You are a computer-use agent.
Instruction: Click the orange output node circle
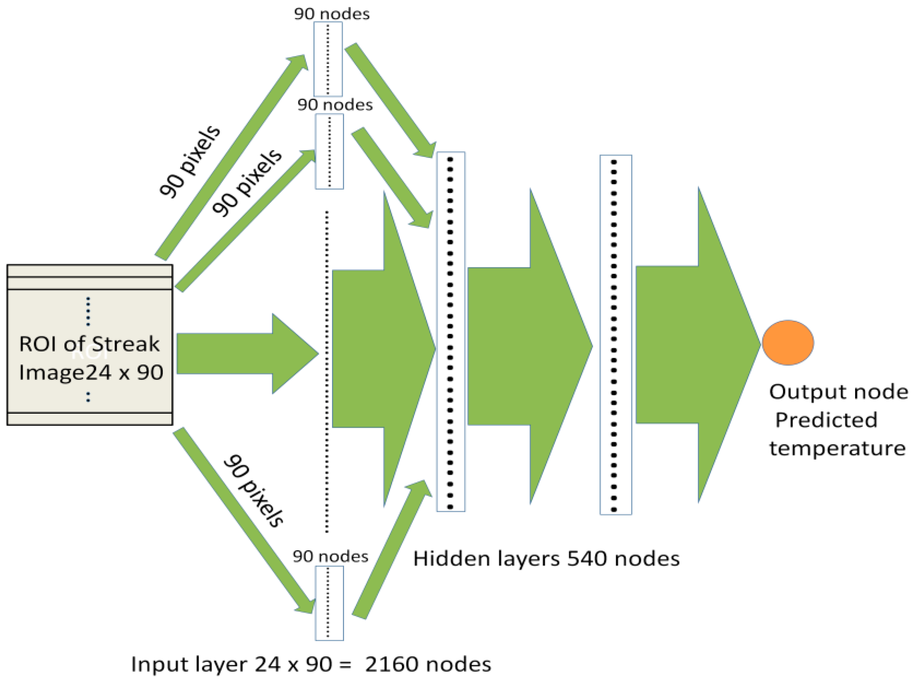coord(788,342)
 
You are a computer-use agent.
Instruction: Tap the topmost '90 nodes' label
coord(332,14)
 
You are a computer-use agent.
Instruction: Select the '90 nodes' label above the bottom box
coord(330,556)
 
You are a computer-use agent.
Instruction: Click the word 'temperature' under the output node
coord(837,448)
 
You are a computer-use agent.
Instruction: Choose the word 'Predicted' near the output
coord(826,420)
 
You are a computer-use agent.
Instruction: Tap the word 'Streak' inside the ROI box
coord(125,344)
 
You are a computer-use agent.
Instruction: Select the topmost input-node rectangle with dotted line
coord(328,59)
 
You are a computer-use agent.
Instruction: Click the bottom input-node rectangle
coord(329,603)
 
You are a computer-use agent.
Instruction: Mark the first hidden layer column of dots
coord(451,332)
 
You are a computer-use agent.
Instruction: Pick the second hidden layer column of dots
coord(615,335)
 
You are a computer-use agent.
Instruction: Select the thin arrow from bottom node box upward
coord(391,551)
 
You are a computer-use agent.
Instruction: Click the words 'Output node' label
coord(838,391)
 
